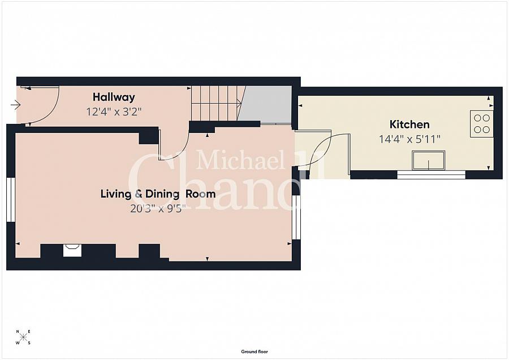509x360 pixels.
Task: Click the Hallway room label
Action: point(114,97)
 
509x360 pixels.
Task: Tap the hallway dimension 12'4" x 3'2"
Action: point(114,112)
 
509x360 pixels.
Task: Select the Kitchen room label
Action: point(409,125)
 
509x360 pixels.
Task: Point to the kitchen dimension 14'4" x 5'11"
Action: point(409,139)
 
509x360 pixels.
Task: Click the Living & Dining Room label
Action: point(158,194)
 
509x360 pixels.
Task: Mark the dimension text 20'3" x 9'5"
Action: point(158,208)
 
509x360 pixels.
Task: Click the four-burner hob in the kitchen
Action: point(482,124)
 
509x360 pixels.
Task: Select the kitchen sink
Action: point(429,160)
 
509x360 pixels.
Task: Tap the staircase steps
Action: point(217,103)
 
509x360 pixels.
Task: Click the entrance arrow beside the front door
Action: point(16,105)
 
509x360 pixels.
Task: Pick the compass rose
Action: point(23,337)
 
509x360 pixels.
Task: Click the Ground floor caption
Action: point(255,352)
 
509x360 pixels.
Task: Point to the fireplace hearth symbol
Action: point(72,250)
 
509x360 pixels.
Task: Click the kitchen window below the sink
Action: point(432,175)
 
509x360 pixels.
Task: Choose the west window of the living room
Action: point(11,200)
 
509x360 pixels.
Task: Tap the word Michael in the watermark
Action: point(240,159)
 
